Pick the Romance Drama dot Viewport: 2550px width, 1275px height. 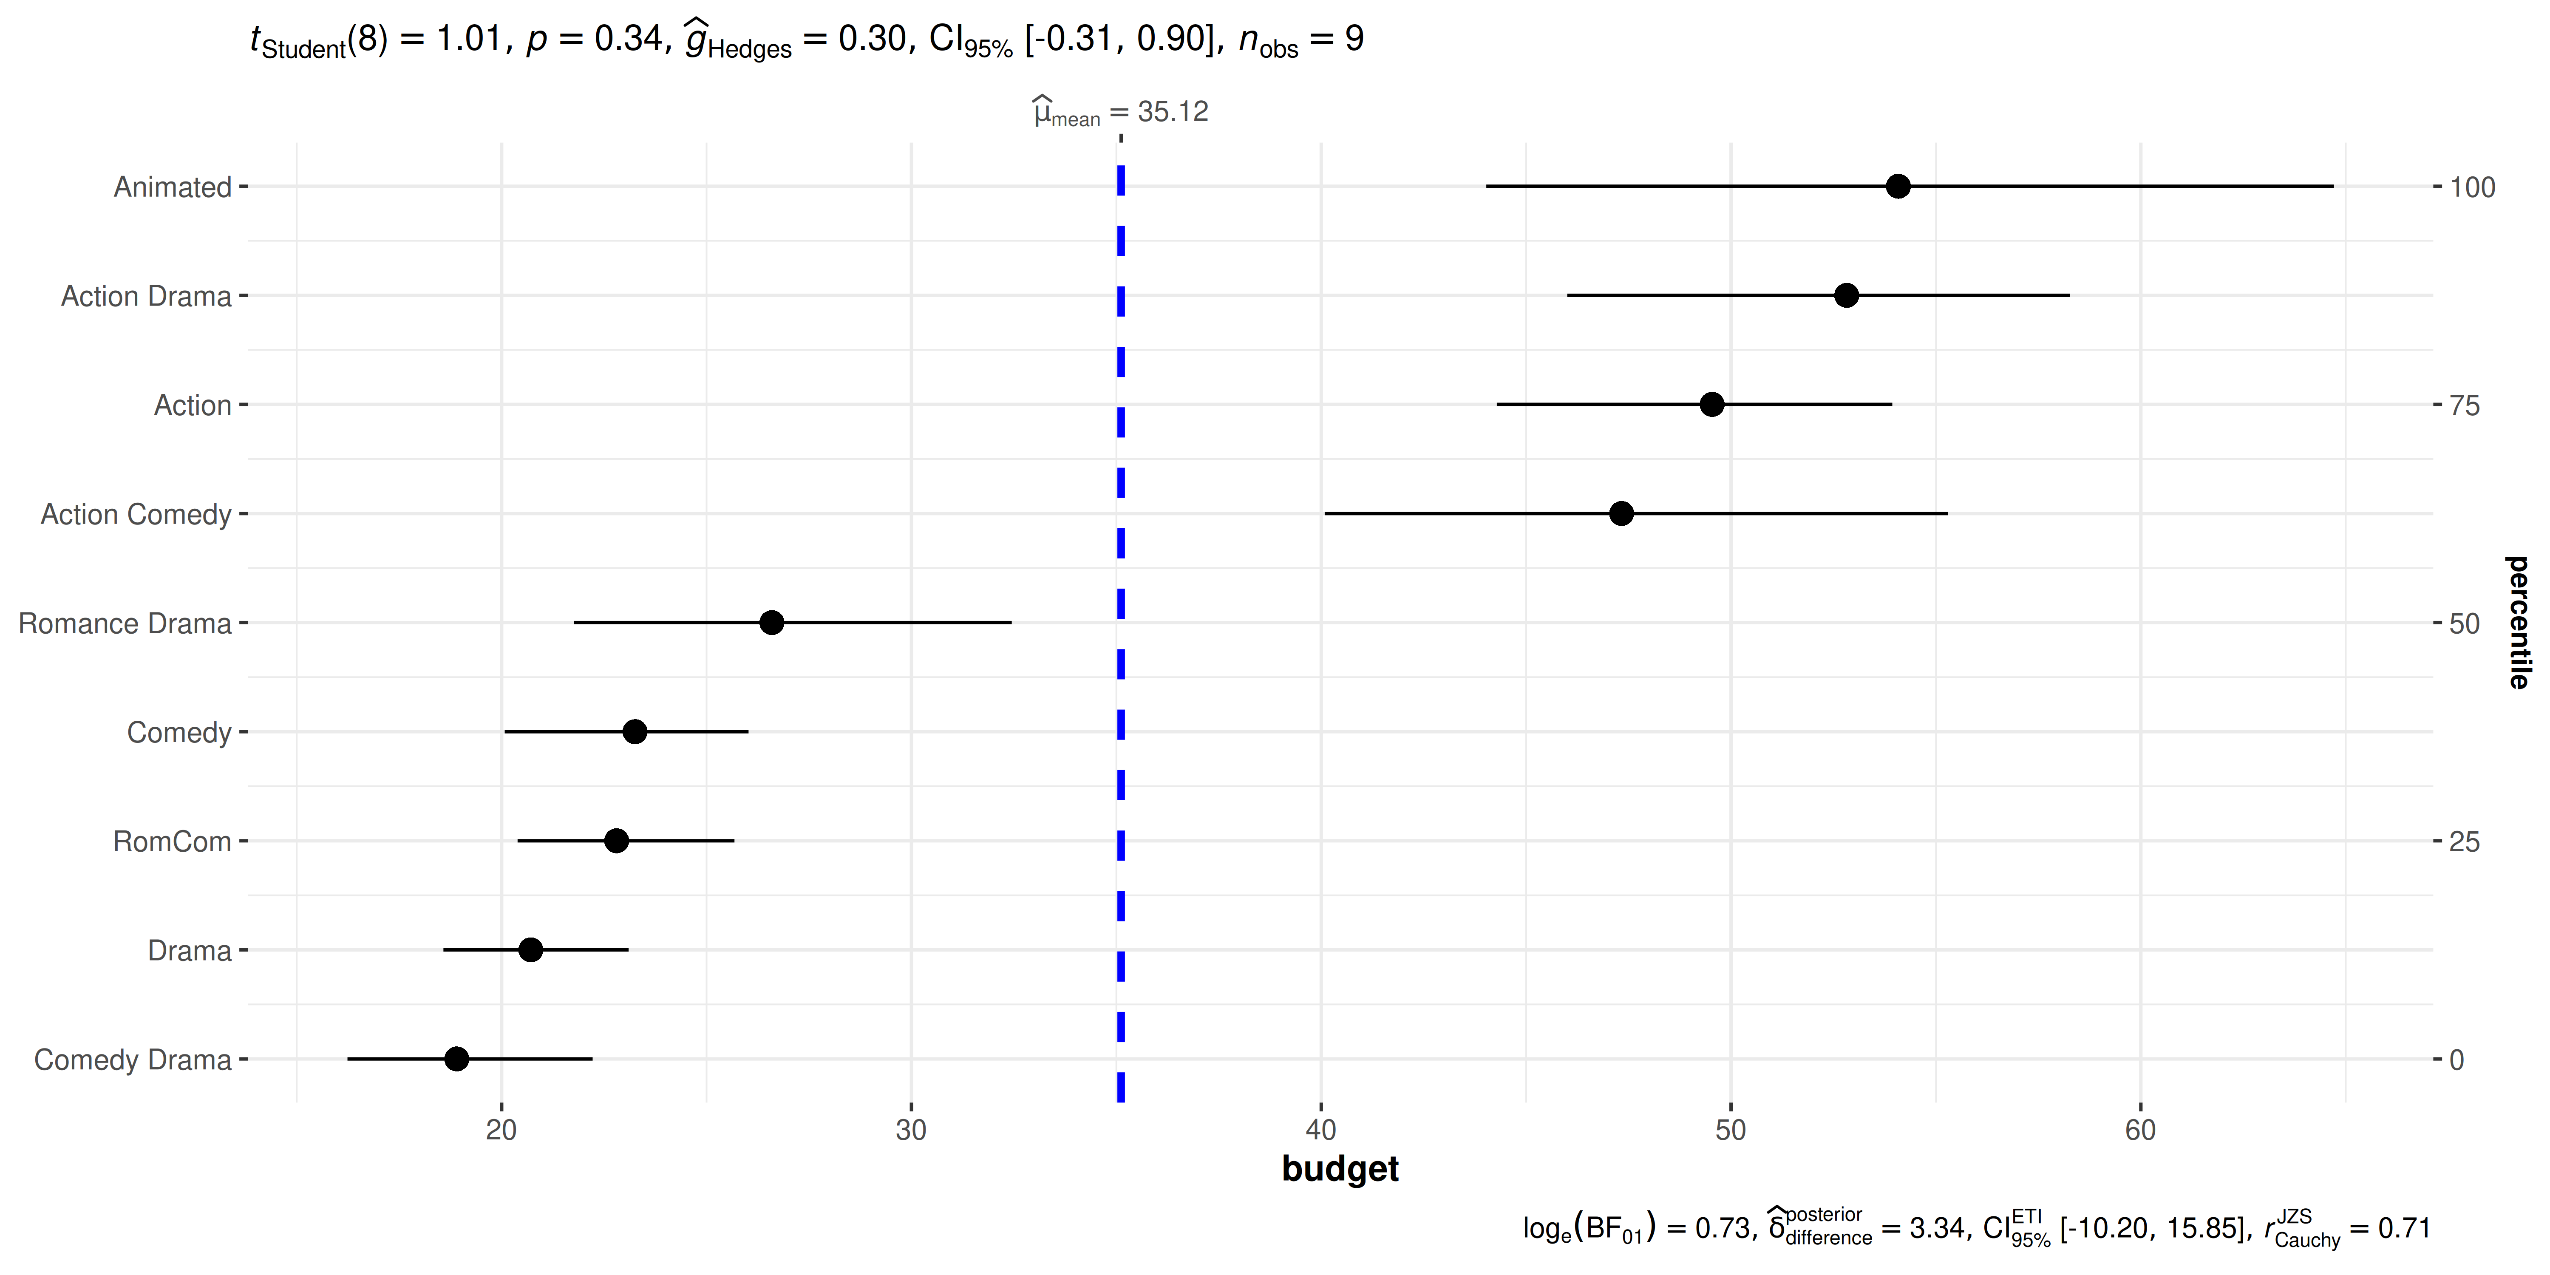click(771, 623)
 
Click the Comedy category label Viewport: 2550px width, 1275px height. click(179, 733)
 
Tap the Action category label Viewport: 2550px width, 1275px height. click(193, 405)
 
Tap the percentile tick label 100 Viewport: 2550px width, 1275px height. click(2472, 187)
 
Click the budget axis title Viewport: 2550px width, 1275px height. click(1339, 1169)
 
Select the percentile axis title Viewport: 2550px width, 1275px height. click(2517, 623)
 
